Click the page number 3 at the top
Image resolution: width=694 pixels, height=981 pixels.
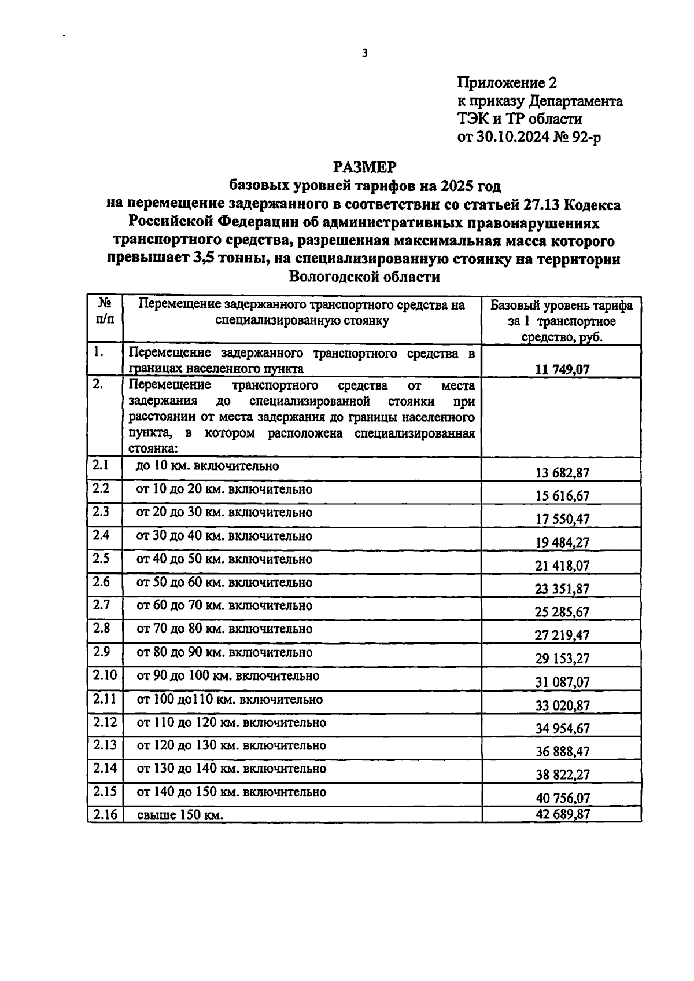click(x=364, y=53)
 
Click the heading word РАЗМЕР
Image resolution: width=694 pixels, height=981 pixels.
click(x=364, y=167)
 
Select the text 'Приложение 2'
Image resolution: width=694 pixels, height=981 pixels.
click(x=507, y=83)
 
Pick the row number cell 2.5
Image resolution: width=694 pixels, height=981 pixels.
click(x=101, y=559)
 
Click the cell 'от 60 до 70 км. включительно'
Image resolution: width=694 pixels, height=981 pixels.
click(x=224, y=606)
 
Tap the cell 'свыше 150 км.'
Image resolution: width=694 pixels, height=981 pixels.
click(x=180, y=815)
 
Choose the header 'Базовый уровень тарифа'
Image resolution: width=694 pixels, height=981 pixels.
click(x=562, y=306)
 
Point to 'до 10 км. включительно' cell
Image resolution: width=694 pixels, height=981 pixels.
click(x=207, y=466)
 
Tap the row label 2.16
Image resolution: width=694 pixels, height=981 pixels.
click(x=105, y=815)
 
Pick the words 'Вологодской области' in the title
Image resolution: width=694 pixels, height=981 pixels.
click(x=364, y=277)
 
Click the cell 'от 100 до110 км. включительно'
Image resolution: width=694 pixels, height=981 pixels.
click(x=230, y=700)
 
